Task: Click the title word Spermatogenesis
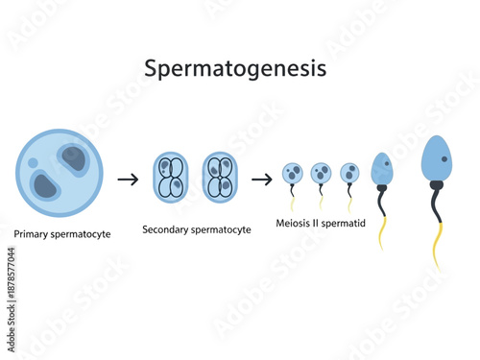235,69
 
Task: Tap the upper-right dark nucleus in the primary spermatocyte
73,158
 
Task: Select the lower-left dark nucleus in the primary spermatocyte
44,184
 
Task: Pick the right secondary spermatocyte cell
219,177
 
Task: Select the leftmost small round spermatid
292,174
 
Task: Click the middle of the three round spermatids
321,174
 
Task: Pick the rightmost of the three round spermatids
349,174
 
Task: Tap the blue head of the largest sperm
437,162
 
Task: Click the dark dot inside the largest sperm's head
444,157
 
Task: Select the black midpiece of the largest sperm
436,202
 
